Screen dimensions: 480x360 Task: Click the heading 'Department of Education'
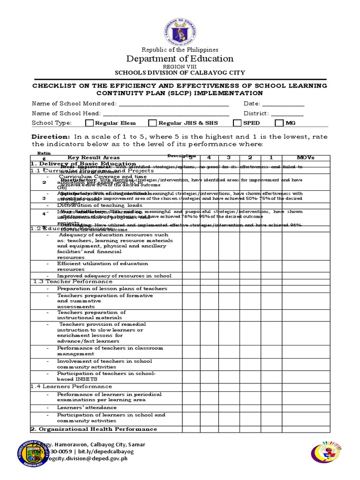click(x=180, y=59)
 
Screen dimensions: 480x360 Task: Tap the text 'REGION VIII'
click(x=180, y=67)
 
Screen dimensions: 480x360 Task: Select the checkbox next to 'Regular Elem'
click(x=90, y=123)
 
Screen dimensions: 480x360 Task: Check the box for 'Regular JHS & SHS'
click(x=152, y=123)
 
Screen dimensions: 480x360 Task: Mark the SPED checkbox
click(x=237, y=123)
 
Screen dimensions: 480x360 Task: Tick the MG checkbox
click(x=279, y=123)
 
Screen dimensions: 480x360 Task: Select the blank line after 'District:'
click(x=287, y=113)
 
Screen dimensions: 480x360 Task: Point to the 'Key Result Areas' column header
click(x=93, y=157)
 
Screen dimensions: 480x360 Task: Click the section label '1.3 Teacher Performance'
click(x=73, y=281)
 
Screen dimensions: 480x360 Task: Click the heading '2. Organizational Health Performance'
click(x=94, y=429)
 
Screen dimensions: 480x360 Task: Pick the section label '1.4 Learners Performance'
click(x=72, y=386)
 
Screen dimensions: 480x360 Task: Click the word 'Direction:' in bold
click(x=50, y=136)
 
